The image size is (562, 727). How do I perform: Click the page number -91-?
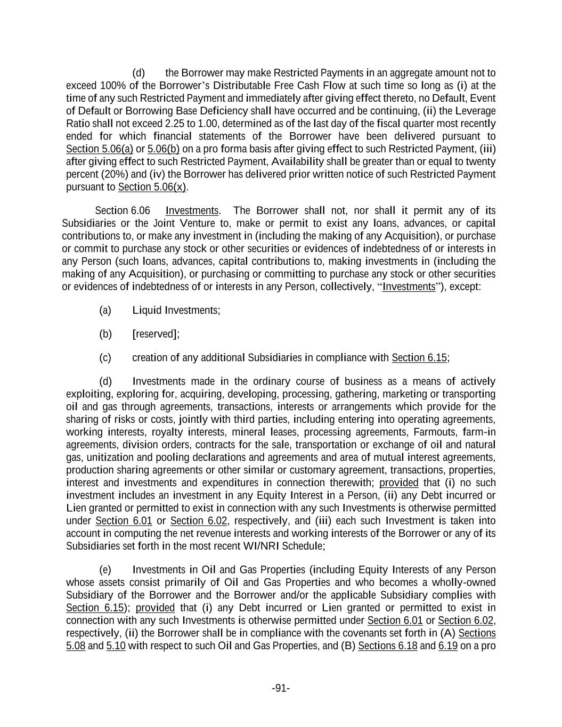(x=281, y=688)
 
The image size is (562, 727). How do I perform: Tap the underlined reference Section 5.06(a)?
(x=100, y=149)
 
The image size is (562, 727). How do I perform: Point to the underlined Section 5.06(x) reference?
(x=152, y=187)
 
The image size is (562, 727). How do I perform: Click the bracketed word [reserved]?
(x=156, y=334)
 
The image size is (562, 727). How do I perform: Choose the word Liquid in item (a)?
(x=147, y=310)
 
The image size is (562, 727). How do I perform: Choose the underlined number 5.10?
(x=116, y=646)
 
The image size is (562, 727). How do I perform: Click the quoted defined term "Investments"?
(x=409, y=287)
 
